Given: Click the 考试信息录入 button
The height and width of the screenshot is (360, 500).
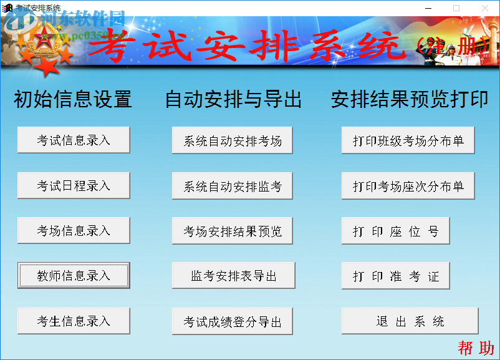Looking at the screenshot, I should pyautogui.click(x=74, y=140).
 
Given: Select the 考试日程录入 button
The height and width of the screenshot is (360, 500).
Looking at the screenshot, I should pyautogui.click(x=74, y=186).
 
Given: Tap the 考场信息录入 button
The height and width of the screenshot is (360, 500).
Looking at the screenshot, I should pyautogui.click(x=74, y=231).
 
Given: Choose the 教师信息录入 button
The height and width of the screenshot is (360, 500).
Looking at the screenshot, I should pyautogui.click(x=74, y=276).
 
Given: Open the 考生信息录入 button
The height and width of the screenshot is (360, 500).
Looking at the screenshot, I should pyautogui.click(x=74, y=321).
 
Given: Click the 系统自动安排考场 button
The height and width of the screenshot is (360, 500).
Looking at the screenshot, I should pyautogui.click(x=233, y=141).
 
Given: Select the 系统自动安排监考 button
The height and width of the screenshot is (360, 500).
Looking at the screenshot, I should pyautogui.click(x=233, y=186).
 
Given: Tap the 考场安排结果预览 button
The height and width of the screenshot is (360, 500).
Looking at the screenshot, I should pyautogui.click(x=233, y=231).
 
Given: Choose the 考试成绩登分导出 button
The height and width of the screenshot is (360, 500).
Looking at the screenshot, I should pyautogui.click(x=233, y=322).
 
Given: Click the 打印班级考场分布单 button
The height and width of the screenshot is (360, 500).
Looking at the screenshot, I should pyautogui.click(x=408, y=141).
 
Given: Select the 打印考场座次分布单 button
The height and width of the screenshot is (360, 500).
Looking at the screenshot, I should pyautogui.click(x=408, y=186).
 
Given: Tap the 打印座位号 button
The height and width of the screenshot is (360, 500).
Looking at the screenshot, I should pyautogui.click(x=396, y=231).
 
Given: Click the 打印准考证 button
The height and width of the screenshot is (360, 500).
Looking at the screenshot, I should pyautogui.click(x=396, y=276).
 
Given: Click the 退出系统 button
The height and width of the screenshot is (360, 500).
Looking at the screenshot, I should pyautogui.click(x=410, y=321).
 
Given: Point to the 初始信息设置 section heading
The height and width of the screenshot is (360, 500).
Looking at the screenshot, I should pyautogui.click(x=73, y=99).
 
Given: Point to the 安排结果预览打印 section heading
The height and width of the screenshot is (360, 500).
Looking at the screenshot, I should pyautogui.click(x=410, y=99).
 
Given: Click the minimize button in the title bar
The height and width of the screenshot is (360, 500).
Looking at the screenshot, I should pyautogui.click(x=428, y=7).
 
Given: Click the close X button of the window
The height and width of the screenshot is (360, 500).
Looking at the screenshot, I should pyautogui.click(x=484, y=7).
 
